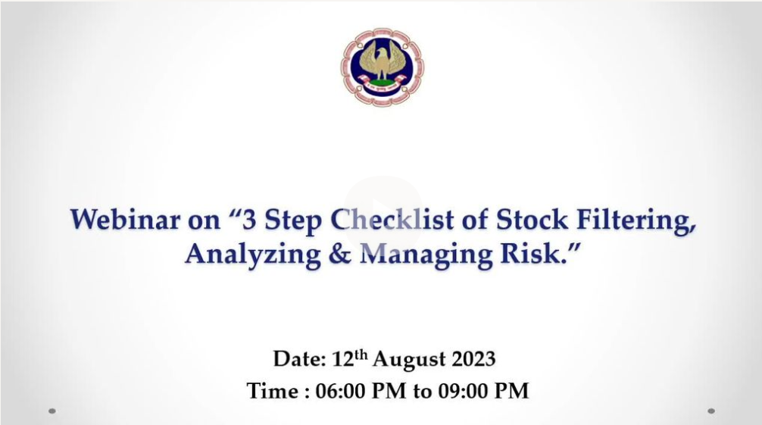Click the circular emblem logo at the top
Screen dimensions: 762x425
382,67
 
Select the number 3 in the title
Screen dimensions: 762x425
248,219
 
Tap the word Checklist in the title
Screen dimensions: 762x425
392,219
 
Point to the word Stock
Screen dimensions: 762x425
532,219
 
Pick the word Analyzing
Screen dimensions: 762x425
253,255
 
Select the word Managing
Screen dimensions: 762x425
426,255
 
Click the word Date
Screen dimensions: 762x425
298,359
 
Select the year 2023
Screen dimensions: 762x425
474,359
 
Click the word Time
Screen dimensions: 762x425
273,391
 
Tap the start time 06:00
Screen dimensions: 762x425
343,391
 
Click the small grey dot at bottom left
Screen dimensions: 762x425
52,411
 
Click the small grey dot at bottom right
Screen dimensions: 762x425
711,411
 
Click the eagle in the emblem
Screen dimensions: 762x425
382,61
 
